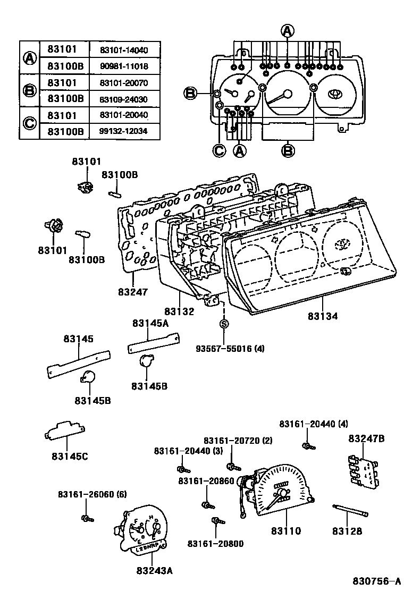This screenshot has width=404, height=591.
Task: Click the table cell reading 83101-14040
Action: pyautogui.click(x=123, y=50)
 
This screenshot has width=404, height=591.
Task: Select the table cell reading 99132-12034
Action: pyautogui.click(x=123, y=131)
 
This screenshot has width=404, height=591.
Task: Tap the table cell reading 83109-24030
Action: pyautogui.click(x=123, y=99)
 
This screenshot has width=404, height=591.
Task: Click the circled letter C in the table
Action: pyautogui.click(x=29, y=123)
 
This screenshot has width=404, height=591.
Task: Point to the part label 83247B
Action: pyautogui.click(x=366, y=438)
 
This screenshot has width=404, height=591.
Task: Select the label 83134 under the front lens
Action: pyautogui.click(x=323, y=316)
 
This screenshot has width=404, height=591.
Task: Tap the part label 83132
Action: pyautogui.click(x=179, y=311)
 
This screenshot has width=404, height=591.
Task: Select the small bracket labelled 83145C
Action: pyautogui.click(x=65, y=430)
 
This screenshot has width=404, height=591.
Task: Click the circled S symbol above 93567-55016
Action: pyautogui.click(x=224, y=324)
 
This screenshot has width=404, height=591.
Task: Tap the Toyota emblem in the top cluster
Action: pyautogui.click(x=335, y=94)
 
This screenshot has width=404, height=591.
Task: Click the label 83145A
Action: pyautogui.click(x=150, y=323)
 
